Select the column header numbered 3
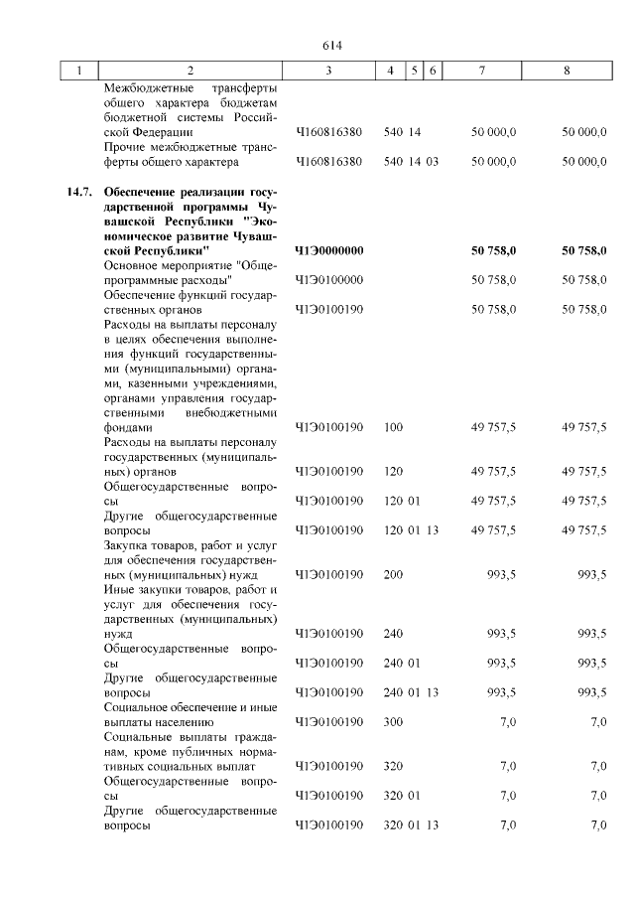click(328, 71)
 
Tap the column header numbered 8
click(567, 71)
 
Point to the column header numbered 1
click(78, 71)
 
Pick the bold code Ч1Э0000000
click(329, 250)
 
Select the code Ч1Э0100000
click(329, 280)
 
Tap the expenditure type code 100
click(393, 427)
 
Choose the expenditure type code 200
click(393, 574)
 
